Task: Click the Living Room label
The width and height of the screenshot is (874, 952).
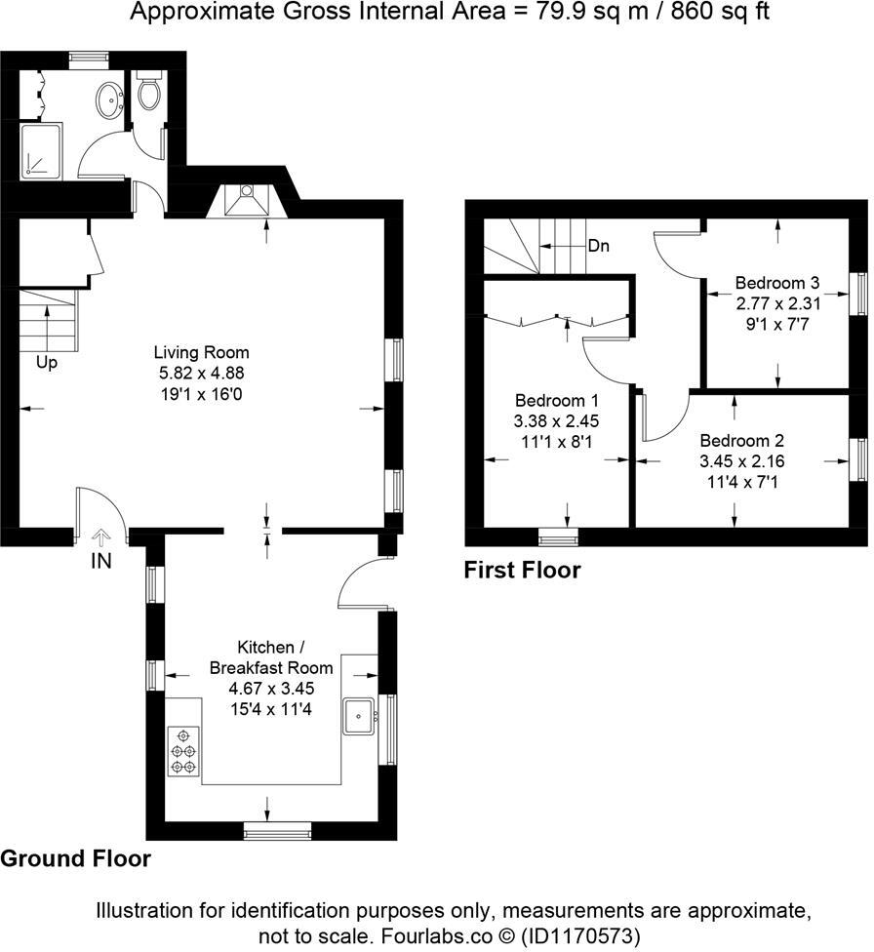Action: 201,352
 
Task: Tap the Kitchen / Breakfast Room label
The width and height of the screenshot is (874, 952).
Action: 271,657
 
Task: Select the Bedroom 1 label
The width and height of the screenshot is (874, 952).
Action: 556,401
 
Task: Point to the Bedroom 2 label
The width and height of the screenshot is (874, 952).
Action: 741,440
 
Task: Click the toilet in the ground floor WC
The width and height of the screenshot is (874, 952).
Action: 149,93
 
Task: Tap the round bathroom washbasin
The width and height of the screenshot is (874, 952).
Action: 109,97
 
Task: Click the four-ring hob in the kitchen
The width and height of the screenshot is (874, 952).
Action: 183,752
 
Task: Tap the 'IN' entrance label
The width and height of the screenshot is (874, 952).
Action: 101,563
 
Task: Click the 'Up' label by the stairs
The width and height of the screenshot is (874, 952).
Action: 47,362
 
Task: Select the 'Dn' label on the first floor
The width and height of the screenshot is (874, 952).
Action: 598,246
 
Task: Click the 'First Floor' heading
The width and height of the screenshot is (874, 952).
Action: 522,570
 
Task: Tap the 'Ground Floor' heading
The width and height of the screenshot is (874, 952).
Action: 76,858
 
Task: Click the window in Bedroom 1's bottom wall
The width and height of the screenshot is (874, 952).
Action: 559,535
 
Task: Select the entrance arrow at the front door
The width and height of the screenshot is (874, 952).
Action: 101,535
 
